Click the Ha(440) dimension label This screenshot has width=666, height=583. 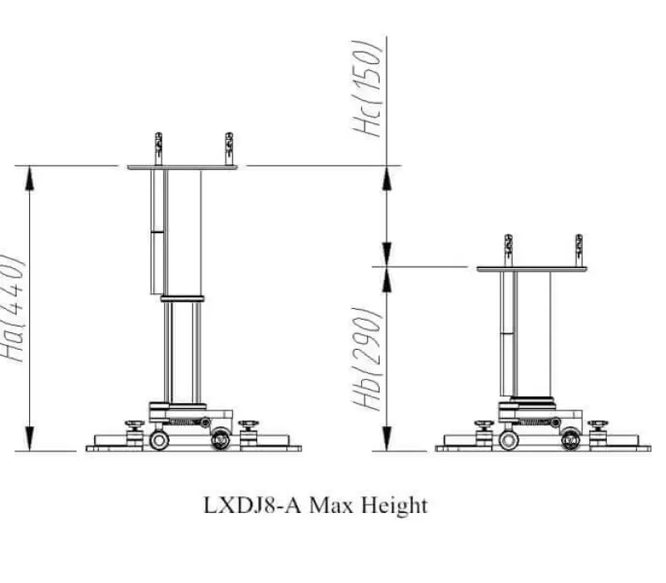click(x=12, y=308)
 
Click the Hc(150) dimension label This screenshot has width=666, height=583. click(x=367, y=88)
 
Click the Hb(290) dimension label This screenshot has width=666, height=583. click(x=366, y=359)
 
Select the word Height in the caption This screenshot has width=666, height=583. click(x=394, y=506)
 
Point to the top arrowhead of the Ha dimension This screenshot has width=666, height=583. click(x=29, y=178)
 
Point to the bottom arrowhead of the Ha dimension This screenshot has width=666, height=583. click(x=29, y=439)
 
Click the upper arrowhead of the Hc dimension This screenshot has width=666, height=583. click(x=386, y=178)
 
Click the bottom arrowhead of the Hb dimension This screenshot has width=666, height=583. click(x=386, y=439)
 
